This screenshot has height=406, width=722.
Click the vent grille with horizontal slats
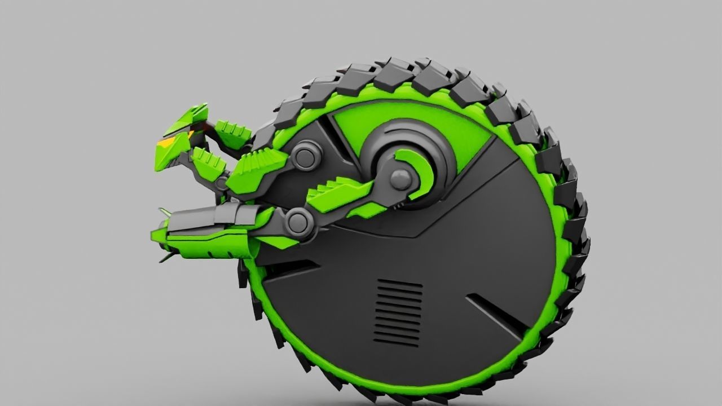pyautogui.click(x=399, y=312)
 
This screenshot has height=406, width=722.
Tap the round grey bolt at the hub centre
pyautogui.click(x=402, y=179)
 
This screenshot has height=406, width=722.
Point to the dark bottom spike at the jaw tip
pyautogui.click(x=164, y=258)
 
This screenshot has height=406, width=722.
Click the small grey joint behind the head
pyautogui.click(x=221, y=182)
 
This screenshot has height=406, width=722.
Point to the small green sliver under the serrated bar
pyautogui.click(x=367, y=211)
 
